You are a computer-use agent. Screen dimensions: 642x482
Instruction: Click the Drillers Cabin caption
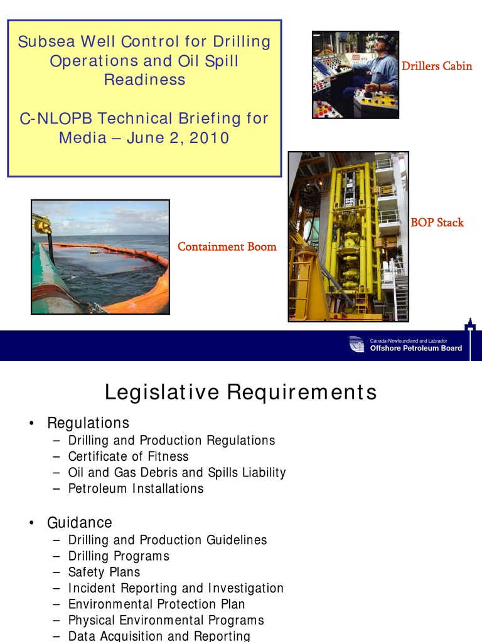click(436, 66)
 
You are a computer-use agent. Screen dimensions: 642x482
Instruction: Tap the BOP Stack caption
click(437, 223)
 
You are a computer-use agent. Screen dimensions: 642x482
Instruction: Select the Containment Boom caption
click(227, 246)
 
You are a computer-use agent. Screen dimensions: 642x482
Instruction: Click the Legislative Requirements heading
click(240, 392)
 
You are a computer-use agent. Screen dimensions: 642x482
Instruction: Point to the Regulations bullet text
click(88, 423)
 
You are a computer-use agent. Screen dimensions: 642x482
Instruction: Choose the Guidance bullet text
click(80, 522)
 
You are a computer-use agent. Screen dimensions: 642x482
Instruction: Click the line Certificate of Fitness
click(128, 456)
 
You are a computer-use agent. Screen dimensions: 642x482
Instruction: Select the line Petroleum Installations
click(136, 488)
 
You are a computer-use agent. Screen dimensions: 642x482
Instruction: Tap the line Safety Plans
click(104, 572)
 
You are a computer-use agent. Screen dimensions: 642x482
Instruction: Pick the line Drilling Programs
click(119, 556)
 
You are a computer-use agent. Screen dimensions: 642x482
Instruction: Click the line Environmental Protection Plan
click(156, 604)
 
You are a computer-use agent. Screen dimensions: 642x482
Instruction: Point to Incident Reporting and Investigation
click(176, 588)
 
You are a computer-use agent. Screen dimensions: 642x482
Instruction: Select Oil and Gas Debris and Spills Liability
click(177, 473)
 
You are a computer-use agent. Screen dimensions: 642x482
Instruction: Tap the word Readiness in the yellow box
click(144, 80)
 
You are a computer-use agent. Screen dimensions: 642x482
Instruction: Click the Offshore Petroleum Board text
click(415, 349)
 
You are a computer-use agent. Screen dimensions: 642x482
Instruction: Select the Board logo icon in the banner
click(356, 344)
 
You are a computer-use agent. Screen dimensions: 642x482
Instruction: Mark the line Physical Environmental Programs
click(166, 621)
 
